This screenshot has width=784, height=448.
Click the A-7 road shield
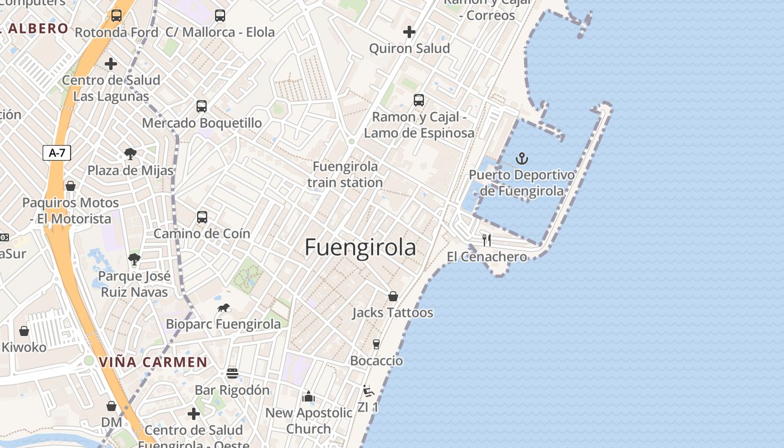click(x=57, y=153)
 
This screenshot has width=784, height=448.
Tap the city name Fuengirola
click(x=360, y=248)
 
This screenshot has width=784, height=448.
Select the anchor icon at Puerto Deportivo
click(x=521, y=158)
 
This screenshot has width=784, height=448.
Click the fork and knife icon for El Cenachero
click(x=487, y=240)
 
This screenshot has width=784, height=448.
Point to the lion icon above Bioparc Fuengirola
click(x=223, y=308)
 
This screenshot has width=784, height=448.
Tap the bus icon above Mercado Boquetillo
click(x=201, y=106)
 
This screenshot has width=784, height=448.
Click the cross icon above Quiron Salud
click(x=409, y=32)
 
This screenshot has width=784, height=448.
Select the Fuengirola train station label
click(x=345, y=174)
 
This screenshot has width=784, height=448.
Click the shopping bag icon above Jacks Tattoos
click(x=393, y=296)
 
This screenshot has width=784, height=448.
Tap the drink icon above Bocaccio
click(x=376, y=344)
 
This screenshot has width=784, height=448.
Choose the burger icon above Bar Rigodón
click(x=232, y=374)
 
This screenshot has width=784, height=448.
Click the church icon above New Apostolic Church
click(x=309, y=396)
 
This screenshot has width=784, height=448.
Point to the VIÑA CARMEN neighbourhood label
click(x=153, y=362)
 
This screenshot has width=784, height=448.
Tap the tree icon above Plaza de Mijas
click(x=130, y=153)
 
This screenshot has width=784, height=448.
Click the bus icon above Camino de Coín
click(x=202, y=217)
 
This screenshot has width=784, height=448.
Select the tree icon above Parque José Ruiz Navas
click(x=134, y=259)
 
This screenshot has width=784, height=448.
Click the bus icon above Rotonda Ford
click(x=116, y=16)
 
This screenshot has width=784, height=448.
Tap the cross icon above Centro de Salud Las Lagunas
click(x=111, y=63)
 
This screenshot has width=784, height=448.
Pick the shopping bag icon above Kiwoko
click(x=24, y=331)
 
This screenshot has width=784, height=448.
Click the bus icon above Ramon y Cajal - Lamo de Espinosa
click(x=419, y=100)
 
